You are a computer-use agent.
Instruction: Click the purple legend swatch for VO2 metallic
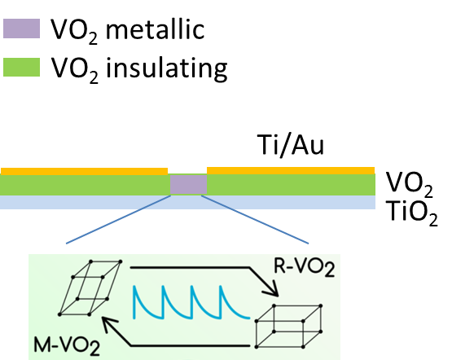point(21,29)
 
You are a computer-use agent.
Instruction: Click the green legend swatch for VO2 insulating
point(21,67)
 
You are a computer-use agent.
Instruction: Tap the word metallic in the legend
point(155,29)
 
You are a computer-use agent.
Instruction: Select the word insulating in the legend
point(167,68)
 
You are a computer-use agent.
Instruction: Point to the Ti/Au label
point(291,145)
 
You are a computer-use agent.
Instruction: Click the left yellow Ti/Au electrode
point(84,171)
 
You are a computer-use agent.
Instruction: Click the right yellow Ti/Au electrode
point(291,170)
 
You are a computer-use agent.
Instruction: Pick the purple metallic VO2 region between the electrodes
point(188,184)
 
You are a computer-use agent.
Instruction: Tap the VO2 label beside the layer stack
point(409,184)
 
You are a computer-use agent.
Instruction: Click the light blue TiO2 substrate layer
point(187,202)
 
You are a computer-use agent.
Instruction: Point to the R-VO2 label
point(304,268)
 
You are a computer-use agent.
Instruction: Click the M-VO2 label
point(67,345)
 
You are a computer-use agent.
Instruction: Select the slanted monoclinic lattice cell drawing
point(90,288)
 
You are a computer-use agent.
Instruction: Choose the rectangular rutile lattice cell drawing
point(289,326)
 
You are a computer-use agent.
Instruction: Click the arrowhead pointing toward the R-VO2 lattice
point(272,290)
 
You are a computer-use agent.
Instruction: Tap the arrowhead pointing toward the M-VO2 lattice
point(109,323)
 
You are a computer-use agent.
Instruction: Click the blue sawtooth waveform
point(191,302)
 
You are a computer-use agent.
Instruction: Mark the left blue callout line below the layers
point(118,220)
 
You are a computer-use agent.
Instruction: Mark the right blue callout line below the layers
point(255,220)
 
